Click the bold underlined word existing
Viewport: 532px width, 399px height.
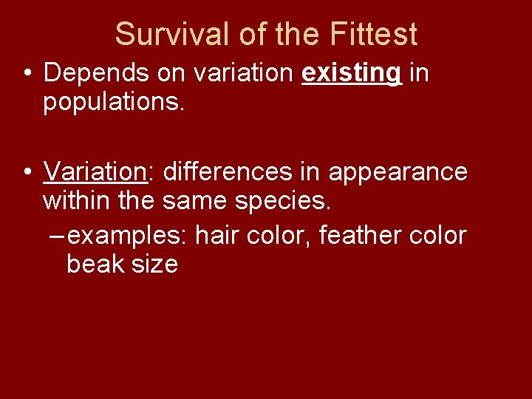(352, 73)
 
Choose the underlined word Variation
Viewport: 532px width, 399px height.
(95, 171)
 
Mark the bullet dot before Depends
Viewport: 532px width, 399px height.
(27, 74)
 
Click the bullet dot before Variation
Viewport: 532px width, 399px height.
(27, 172)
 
